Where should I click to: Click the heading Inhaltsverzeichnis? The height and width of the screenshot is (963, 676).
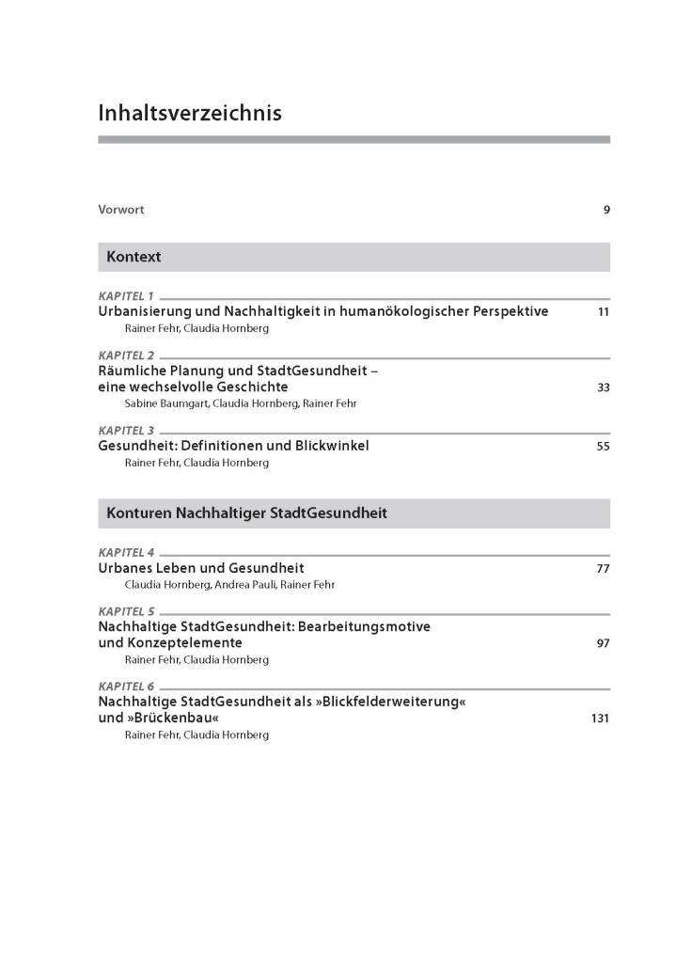(189, 114)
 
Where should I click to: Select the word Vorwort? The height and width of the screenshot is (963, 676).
(121, 210)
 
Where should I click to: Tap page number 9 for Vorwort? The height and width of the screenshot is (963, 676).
(606, 210)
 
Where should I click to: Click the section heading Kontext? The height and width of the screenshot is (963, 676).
(134, 257)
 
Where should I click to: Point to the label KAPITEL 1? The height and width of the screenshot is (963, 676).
(126, 296)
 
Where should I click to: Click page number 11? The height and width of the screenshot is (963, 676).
(603, 312)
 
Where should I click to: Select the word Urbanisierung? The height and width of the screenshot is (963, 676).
(146, 311)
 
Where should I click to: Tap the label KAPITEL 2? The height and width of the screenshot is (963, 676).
(126, 355)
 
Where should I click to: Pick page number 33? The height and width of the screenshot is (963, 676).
(603, 387)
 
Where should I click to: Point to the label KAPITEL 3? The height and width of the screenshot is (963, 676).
(126, 431)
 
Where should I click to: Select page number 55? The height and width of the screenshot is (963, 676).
(603, 447)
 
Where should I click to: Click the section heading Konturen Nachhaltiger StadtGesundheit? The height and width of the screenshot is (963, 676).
(246, 513)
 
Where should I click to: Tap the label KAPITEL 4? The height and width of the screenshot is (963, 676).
(126, 553)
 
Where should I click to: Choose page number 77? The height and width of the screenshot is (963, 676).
(603, 569)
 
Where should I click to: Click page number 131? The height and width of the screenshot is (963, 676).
(600, 718)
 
